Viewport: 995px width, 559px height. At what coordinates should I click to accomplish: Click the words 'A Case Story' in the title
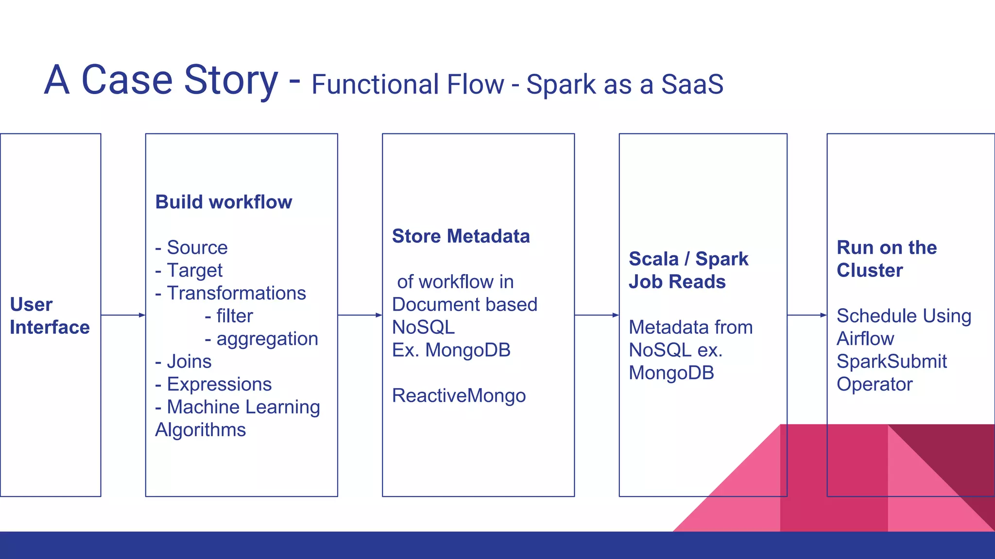pyautogui.click(x=161, y=81)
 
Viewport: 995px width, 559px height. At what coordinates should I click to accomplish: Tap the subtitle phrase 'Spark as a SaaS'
pyautogui.click(x=625, y=84)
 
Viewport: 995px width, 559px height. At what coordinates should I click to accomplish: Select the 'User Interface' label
pyautogui.click(x=50, y=316)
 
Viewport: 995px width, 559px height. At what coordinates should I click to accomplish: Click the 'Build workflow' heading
pyautogui.click(x=223, y=202)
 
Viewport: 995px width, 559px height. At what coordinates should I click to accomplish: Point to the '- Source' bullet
pyautogui.click(x=191, y=247)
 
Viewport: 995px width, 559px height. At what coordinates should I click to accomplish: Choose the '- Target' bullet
pyautogui.click(x=189, y=270)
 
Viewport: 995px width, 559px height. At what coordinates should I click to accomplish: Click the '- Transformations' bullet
pyautogui.click(x=231, y=293)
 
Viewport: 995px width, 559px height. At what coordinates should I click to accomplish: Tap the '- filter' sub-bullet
pyautogui.click(x=229, y=316)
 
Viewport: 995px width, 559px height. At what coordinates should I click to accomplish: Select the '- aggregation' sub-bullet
pyautogui.click(x=261, y=339)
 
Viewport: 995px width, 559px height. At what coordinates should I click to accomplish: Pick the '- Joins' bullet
pyautogui.click(x=183, y=362)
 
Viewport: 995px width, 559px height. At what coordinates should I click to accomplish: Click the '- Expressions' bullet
pyautogui.click(x=213, y=384)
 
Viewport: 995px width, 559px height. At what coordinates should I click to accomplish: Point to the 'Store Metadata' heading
pyautogui.click(x=461, y=236)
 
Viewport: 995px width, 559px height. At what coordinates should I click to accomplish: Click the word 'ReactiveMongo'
pyautogui.click(x=459, y=395)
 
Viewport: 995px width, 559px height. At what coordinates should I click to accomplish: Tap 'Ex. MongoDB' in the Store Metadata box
pyautogui.click(x=451, y=350)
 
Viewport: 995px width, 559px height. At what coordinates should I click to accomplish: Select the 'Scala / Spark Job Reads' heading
pyautogui.click(x=688, y=270)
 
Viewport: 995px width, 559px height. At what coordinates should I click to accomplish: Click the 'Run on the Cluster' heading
pyautogui.click(x=886, y=259)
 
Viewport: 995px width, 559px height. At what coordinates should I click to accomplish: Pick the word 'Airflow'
pyautogui.click(x=865, y=339)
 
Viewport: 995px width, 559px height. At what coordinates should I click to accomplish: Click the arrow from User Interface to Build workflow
pyautogui.click(x=123, y=315)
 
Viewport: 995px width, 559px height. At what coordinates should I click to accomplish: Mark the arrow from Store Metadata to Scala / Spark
pyautogui.click(x=597, y=315)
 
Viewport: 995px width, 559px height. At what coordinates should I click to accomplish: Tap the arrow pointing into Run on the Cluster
pyautogui.click(x=806, y=315)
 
